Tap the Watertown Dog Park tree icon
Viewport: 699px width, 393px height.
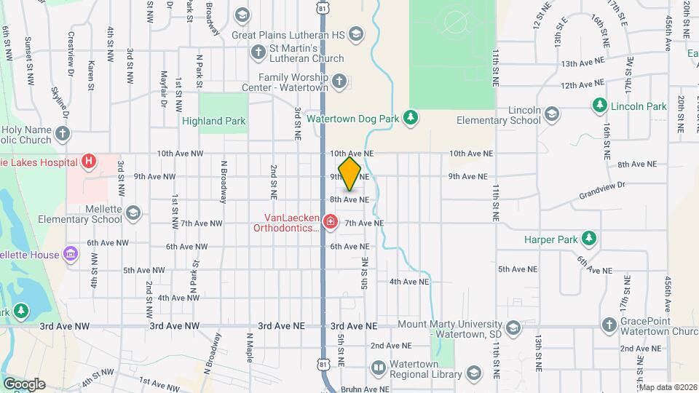[x=411, y=117]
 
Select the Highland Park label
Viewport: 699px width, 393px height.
[x=214, y=121]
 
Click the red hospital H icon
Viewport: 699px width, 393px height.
[x=89, y=160]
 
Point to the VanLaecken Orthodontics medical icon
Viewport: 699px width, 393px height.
[x=330, y=221]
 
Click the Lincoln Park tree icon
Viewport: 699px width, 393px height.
[x=600, y=106]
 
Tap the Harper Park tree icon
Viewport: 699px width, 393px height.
[x=588, y=238]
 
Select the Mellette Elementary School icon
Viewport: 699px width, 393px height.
[x=133, y=213]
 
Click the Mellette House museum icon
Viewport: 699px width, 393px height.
[x=71, y=253]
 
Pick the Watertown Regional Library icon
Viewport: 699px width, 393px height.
[x=378, y=368]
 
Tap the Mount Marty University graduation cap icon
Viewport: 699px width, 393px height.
[x=513, y=327]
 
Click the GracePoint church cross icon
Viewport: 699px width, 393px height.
[x=609, y=325]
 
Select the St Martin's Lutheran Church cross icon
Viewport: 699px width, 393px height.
[x=258, y=52]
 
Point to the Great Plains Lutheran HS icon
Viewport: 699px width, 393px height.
[x=355, y=33]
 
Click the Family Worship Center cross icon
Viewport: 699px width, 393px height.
[x=339, y=82]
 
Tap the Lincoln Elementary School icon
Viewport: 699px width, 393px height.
[x=551, y=114]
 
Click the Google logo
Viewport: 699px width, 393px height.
[x=24, y=384]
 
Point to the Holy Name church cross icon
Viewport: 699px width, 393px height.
[x=63, y=133]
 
